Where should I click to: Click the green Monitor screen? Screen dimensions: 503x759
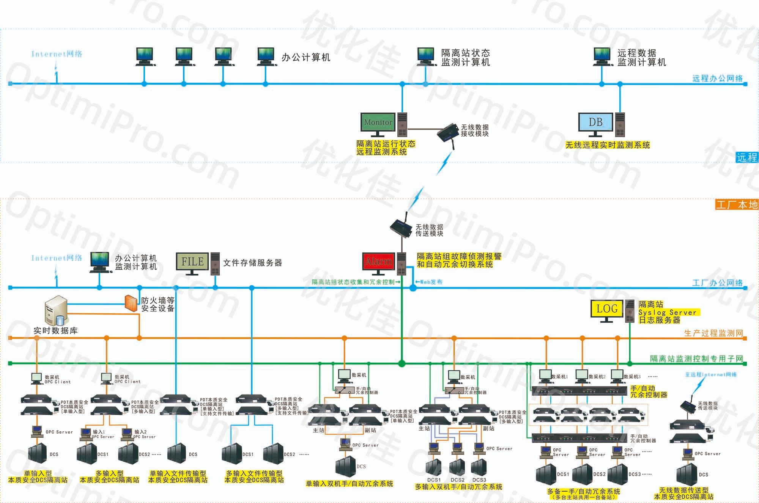(x=378, y=122)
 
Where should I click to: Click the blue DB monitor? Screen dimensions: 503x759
(x=595, y=122)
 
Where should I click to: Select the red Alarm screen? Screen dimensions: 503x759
(x=378, y=262)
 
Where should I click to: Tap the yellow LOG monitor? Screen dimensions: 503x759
(x=606, y=309)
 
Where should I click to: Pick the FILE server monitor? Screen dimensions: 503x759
(x=192, y=261)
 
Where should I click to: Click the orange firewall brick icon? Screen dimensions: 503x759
(x=131, y=303)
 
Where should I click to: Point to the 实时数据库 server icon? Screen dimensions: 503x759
(x=55, y=311)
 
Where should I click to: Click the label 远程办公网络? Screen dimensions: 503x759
(x=717, y=79)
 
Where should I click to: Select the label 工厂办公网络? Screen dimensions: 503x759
(x=717, y=283)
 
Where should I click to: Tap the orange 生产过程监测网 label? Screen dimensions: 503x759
(x=713, y=333)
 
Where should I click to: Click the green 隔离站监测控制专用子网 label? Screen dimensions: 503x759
(x=696, y=358)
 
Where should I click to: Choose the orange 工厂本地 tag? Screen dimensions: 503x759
(x=737, y=205)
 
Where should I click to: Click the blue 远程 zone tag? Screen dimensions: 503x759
(x=747, y=157)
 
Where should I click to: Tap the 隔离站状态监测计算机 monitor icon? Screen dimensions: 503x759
(x=426, y=56)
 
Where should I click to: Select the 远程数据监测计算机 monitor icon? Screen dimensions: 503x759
(x=602, y=56)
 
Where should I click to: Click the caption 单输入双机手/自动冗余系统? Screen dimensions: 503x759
(x=350, y=484)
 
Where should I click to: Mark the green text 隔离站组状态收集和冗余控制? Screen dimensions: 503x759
(x=354, y=282)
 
